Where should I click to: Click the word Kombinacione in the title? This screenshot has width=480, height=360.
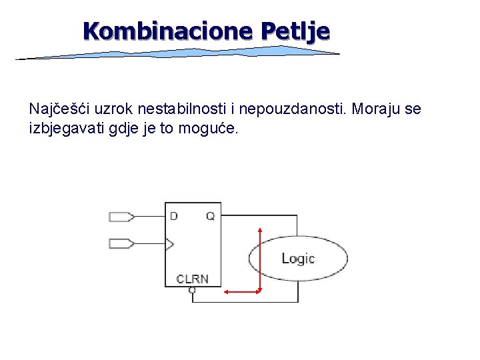(x=169, y=31)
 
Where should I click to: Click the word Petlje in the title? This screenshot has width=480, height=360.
(x=295, y=31)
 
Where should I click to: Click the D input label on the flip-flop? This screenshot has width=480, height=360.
(x=174, y=216)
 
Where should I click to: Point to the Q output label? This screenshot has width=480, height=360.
(x=210, y=216)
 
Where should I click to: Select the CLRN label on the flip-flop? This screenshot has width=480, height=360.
(x=192, y=279)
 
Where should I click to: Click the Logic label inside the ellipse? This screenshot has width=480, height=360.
(x=297, y=259)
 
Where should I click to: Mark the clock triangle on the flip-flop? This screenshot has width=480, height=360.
(x=169, y=244)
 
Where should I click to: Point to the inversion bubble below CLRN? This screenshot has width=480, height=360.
(x=192, y=290)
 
